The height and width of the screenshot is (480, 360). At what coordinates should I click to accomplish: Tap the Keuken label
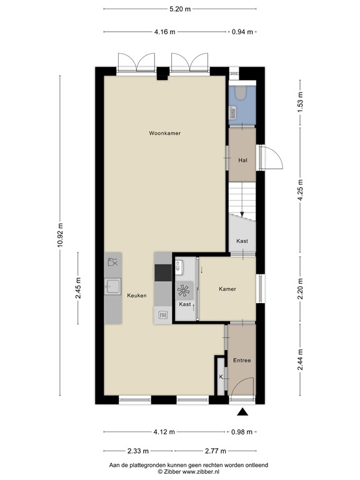pyautogui.click(x=136, y=296)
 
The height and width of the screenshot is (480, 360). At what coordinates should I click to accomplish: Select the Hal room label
pyautogui.click(x=242, y=161)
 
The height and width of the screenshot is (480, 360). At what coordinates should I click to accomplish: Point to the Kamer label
pyautogui.click(x=227, y=289)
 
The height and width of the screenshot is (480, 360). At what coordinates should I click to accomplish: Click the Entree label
pyautogui.click(x=242, y=361)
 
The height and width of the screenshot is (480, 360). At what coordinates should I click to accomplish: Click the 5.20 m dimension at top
pyautogui.click(x=179, y=9)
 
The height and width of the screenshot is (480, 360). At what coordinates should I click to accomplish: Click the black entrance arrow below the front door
pyautogui.click(x=242, y=411)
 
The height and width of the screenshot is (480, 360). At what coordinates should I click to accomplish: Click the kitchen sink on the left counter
pyautogui.click(x=113, y=287)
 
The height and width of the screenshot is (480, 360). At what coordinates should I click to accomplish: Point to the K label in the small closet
pyautogui.click(x=221, y=377)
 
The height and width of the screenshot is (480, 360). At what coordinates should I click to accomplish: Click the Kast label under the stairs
pyautogui.click(x=242, y=241)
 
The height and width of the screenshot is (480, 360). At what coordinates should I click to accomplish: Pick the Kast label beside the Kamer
pyautogui.click(x=184, y=304)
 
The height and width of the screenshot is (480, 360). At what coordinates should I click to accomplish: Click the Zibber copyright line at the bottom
pyautogui.click(x=179, y=472)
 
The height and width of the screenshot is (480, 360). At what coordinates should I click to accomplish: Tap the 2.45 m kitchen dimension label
pyautogui.click(x=78, y=288)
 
